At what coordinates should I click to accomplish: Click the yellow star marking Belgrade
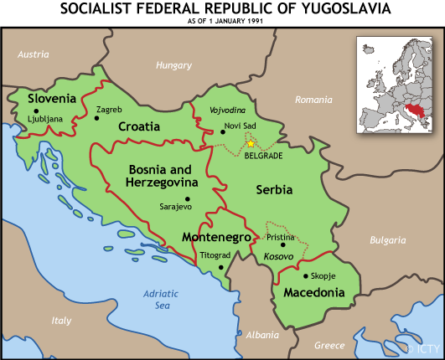click(x=251, y=143)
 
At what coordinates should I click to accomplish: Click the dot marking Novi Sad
click(x=223, y=131)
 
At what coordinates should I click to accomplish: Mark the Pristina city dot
click(x=282, y=245)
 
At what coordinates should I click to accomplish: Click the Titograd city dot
click(x=221, y=267)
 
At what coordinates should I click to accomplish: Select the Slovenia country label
click(x=52, y=99)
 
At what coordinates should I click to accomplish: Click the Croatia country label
click(x=139, y=126)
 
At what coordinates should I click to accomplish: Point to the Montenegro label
click(x=216, y=237)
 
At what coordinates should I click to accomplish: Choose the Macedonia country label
click(x=313, y=293)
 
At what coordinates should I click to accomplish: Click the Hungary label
click(x=173, y=64)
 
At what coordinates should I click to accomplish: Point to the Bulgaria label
click(x=388, y=240)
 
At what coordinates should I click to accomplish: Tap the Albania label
click(x=262, y=335)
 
